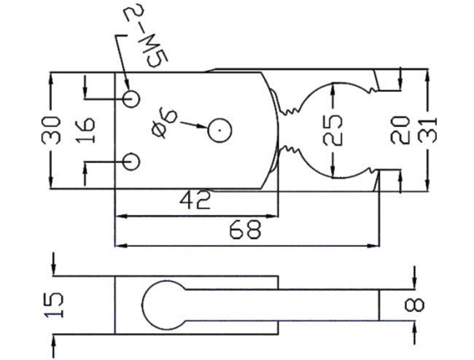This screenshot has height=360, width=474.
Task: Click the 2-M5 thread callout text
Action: tap(147, 35)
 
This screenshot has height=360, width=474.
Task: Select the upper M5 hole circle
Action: tap(131, 99)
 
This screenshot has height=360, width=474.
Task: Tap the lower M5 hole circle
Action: tap(131, 162)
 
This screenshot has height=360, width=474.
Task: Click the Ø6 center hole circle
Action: tap(219, 130)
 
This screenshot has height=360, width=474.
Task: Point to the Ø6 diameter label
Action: tap(165, 123)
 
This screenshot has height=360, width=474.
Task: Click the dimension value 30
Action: tap(51, 130)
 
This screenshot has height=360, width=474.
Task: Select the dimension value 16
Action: tap(85, 130)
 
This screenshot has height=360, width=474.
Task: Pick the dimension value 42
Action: tap(195, 200)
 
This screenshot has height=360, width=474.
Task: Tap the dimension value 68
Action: tap(244, 230)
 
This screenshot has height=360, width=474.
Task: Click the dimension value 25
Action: tap(333, 130)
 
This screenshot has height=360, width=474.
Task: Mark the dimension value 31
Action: tap(427, 130)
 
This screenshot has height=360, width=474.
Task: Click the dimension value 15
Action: tap(54, 305)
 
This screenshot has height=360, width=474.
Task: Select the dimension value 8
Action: tap(414, 305)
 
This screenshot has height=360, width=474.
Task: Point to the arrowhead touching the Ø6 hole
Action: tap(202, 126)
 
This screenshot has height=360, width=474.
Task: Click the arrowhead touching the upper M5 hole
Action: tap(128, 85)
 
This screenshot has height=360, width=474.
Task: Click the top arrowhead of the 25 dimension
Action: tap(333, 89)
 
